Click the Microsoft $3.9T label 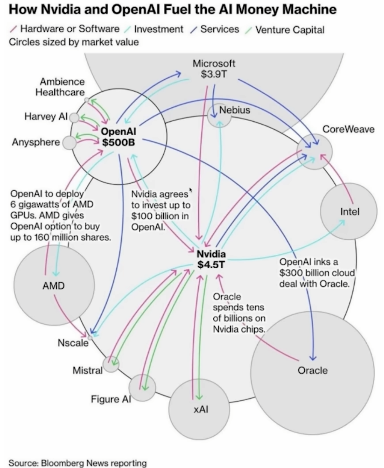point(214,69)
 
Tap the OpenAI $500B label point(119,137)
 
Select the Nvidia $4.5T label point(211,259)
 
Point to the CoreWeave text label point(348,129)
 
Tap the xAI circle point(199,409)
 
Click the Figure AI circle point(142,387)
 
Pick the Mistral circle point(111,364)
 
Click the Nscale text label point(73,342)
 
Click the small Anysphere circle point(69,143)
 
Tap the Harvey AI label point(46,116)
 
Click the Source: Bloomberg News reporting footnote point(77,462)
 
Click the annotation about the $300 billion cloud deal point(317,273)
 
